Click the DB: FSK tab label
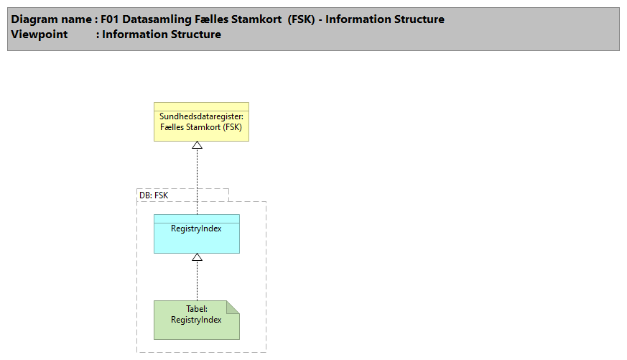[x=154, y=195]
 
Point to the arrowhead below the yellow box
[x=198, y=145]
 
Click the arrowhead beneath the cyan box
[x=197, y=257]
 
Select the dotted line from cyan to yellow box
[x=198, y=180]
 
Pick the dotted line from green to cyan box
[x=197, y=280]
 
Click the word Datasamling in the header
[x=158, y=19]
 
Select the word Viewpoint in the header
[x=39, y=34]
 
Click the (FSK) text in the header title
[x=302, y=19]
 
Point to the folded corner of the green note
[x=233, y=307]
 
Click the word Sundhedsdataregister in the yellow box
[x=201, y=116]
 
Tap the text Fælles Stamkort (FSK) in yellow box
[x=201, y=127]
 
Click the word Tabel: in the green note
[x=197, y=309]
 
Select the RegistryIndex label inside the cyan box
[x=197, y=229]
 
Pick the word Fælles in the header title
[x=212, y=19]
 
